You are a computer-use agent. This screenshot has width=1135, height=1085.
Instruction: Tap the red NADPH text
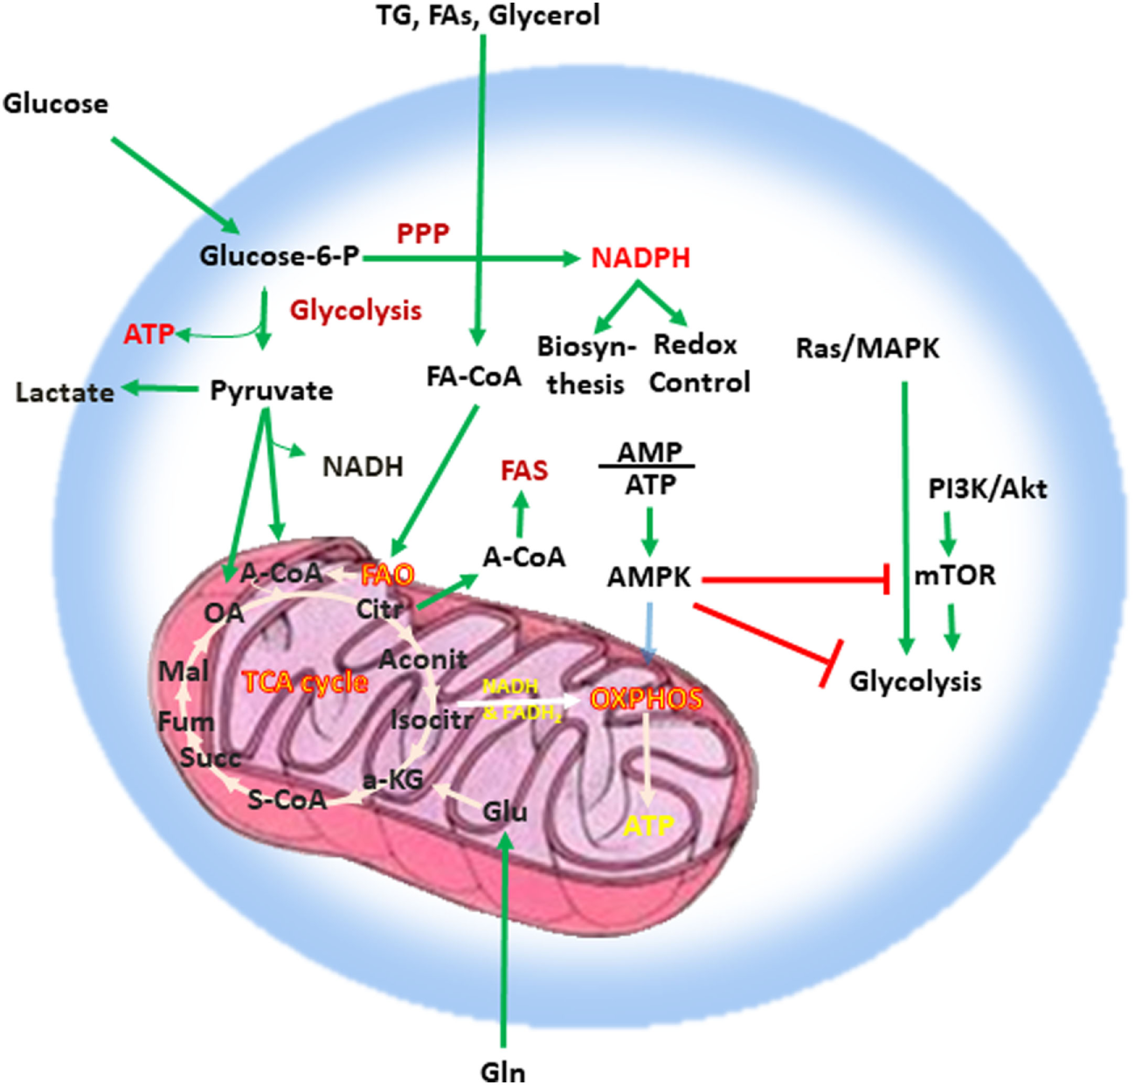tap(640, 258)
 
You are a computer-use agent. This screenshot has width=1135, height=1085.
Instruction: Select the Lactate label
tap(65, 392)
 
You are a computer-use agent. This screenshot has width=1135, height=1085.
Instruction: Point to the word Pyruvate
tap(272, 390)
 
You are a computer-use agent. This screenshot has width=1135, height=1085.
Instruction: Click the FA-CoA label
tap(474, 377)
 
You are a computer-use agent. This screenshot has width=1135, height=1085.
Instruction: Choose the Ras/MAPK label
tap(868, 349)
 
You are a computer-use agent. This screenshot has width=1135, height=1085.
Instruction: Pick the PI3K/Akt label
tap(987, 488)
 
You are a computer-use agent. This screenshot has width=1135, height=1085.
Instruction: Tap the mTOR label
tap(954, 576)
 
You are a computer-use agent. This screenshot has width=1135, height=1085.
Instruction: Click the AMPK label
tap(649, 577)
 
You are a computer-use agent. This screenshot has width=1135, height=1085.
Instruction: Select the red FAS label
tap(523, 471)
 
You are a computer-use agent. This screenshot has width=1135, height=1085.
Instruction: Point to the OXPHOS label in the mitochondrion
tap(646, 699)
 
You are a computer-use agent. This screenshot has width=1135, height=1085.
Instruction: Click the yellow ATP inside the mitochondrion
tap(648, 825)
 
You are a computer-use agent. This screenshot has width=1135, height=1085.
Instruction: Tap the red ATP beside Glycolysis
tap(149, 334)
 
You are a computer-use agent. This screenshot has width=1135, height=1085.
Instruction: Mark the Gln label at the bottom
tap(503, 1071)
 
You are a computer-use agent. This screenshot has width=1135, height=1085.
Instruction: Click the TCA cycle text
tap(305, 682)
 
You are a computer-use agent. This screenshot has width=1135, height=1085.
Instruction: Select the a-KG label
tap(393, 779)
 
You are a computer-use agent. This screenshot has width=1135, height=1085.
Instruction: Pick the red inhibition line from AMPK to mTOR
tap(795, 578)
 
